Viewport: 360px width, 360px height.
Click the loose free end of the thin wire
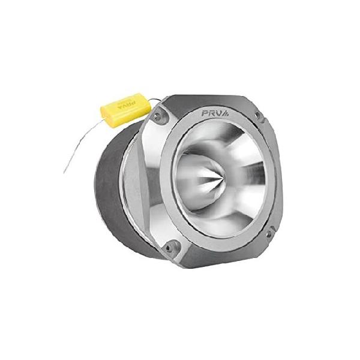click(64, 173)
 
